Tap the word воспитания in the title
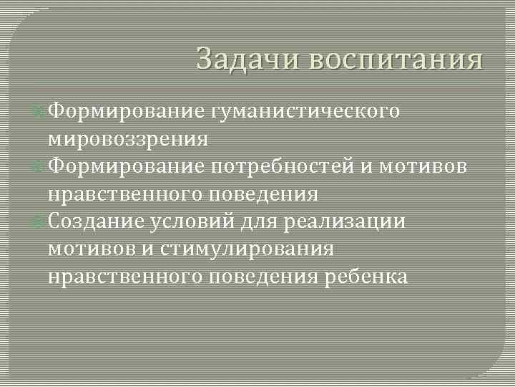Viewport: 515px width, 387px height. click(396, 59)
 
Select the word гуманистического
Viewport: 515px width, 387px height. click(305, 111)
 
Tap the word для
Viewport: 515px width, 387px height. click(260, 222)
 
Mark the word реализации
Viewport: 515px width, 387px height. click(345, 222)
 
